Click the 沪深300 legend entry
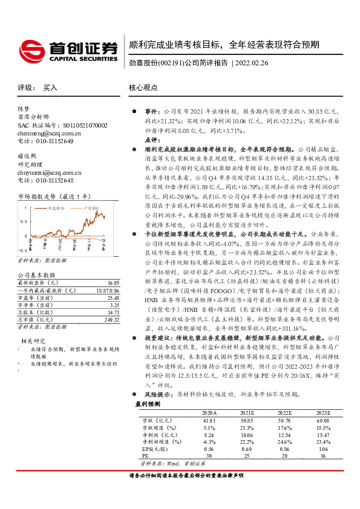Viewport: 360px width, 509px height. (89, 208)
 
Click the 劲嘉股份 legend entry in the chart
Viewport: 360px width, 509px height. (56, 208)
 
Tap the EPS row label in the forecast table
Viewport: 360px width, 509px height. (151, 465)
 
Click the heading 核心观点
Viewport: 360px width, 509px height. (143, 88)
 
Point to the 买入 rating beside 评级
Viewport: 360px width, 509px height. (50, 88)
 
